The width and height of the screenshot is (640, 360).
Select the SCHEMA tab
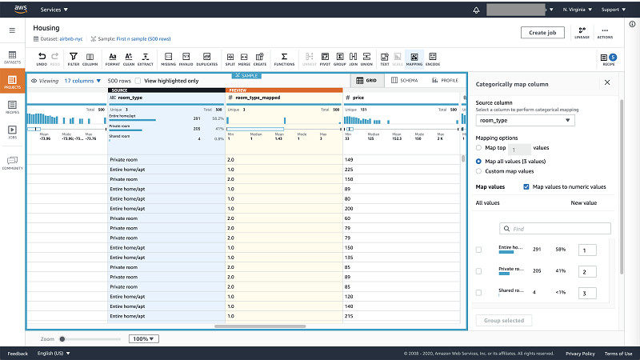point(406,80)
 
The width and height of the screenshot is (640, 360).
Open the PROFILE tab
point(445,80)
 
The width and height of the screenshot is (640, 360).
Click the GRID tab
point(367,80)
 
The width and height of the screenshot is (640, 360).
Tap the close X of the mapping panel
point(607,82)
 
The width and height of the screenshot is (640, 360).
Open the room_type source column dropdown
point(525,121)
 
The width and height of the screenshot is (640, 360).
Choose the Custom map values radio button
point(479,170)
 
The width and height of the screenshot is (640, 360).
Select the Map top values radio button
point(479,148)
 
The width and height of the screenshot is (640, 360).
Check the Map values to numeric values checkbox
point(526,186)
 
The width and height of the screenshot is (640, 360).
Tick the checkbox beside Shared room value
point(479,293)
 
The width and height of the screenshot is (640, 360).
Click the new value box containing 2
point(588,272)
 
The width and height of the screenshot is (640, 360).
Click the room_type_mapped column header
point(258,97)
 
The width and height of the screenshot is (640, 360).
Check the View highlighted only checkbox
point(138,81)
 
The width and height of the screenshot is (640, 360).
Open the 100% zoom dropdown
point(144,338)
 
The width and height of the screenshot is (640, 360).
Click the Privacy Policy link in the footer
point(580,354)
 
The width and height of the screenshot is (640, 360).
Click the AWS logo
point(18,10)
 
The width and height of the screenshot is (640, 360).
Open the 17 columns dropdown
point(82,81)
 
